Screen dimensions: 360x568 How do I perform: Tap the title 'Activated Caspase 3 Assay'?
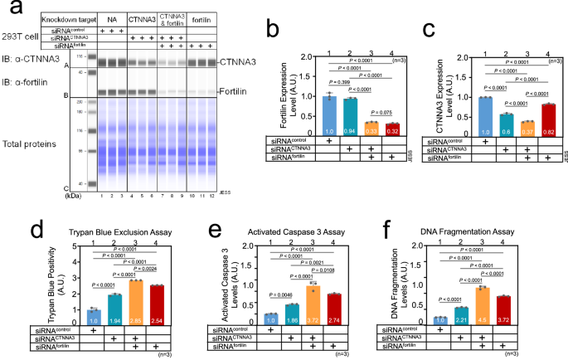tap(289, 222)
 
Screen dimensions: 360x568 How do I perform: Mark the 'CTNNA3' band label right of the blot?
tap(238, 62)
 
